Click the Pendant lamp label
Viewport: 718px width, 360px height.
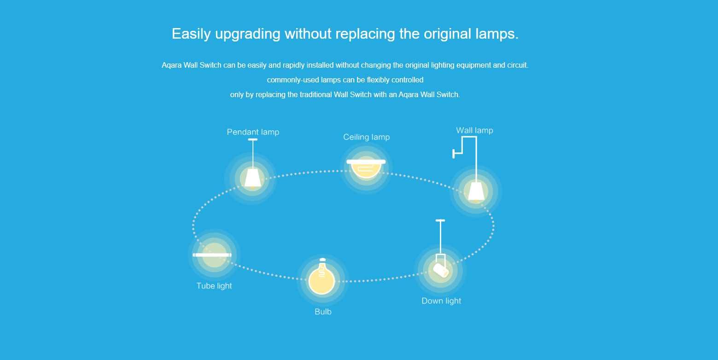(253, 132)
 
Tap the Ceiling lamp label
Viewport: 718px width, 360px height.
(367, 137)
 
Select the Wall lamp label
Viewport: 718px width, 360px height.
(474, 130)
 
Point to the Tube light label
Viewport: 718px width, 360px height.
(214, 286)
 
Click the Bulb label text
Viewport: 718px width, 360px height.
(323, 312)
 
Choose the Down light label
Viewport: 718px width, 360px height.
(441, 301)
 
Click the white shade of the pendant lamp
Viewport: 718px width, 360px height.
(252, 178)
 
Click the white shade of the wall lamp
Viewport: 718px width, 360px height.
(476, 191)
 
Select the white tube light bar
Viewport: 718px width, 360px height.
(212, 255)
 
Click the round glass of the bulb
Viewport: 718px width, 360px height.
(321, 281)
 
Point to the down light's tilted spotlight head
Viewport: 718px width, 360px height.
(441, 270)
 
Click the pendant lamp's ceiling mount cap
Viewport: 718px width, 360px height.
(252, 139)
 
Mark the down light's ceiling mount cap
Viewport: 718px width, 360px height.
(440, 221)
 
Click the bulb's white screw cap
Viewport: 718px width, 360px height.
(322, 260)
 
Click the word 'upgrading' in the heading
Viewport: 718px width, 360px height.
(248, 34)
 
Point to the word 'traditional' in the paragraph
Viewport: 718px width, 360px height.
(316, 95)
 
